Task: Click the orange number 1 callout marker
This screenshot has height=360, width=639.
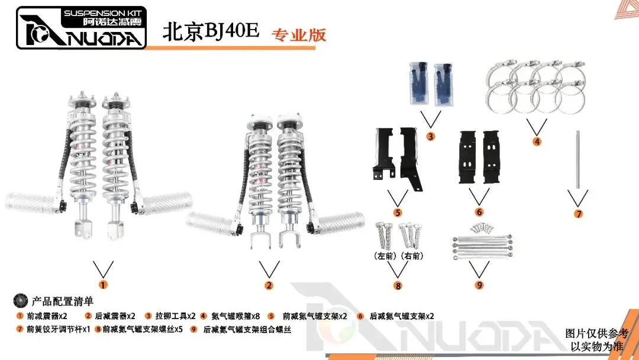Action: click(103, 285)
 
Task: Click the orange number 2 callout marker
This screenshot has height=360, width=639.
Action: click(269, 285)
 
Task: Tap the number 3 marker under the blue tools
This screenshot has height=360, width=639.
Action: click(431, 136)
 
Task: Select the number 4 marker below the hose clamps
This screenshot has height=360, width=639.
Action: click(537, 142)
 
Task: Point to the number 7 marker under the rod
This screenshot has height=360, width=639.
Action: click(579, 214)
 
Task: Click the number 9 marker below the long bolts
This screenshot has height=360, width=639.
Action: click(479, 285)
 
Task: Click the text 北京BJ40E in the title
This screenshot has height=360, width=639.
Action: click(211, 32)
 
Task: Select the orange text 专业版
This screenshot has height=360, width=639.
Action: click(299, 34)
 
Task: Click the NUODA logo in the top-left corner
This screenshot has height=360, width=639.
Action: click(81, 28)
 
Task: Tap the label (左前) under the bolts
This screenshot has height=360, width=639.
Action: click(385, 256)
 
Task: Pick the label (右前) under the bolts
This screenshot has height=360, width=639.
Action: click(412, 256)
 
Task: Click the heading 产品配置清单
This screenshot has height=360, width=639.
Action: click(62, 301)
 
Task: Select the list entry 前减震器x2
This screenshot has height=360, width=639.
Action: click(46, 316)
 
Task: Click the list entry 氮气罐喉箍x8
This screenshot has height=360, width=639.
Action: click(235, 316)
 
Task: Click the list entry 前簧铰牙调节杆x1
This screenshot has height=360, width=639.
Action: click(58, 329)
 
